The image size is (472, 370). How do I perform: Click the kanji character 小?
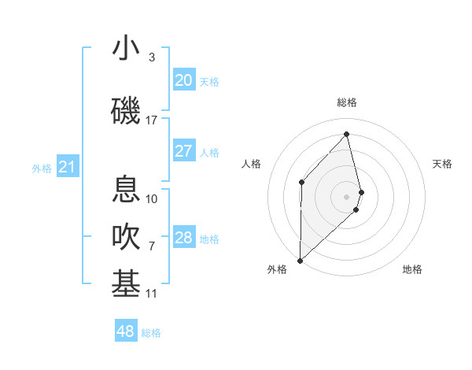point(127,49)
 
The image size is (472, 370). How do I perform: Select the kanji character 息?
point(127,190)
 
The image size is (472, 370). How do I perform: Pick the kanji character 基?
point(127,284)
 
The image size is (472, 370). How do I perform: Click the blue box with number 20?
point(183,80)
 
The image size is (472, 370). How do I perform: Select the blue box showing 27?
point(183,151)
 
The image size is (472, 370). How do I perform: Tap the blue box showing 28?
point(183,238)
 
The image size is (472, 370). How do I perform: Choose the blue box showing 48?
point(126,331)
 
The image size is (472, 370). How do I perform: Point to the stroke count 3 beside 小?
point(151,57)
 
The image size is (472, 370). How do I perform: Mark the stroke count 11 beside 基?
point(151,294)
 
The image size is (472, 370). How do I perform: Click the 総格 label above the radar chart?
point(347,102)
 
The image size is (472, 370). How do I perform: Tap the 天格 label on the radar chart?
point(443,164)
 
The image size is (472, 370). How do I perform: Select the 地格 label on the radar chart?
point(412,269)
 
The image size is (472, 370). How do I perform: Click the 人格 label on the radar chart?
point(251,164)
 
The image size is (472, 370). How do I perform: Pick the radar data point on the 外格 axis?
point(300,260)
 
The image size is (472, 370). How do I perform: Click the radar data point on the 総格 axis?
point(347,135)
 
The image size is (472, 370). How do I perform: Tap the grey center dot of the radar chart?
point(347,196)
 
